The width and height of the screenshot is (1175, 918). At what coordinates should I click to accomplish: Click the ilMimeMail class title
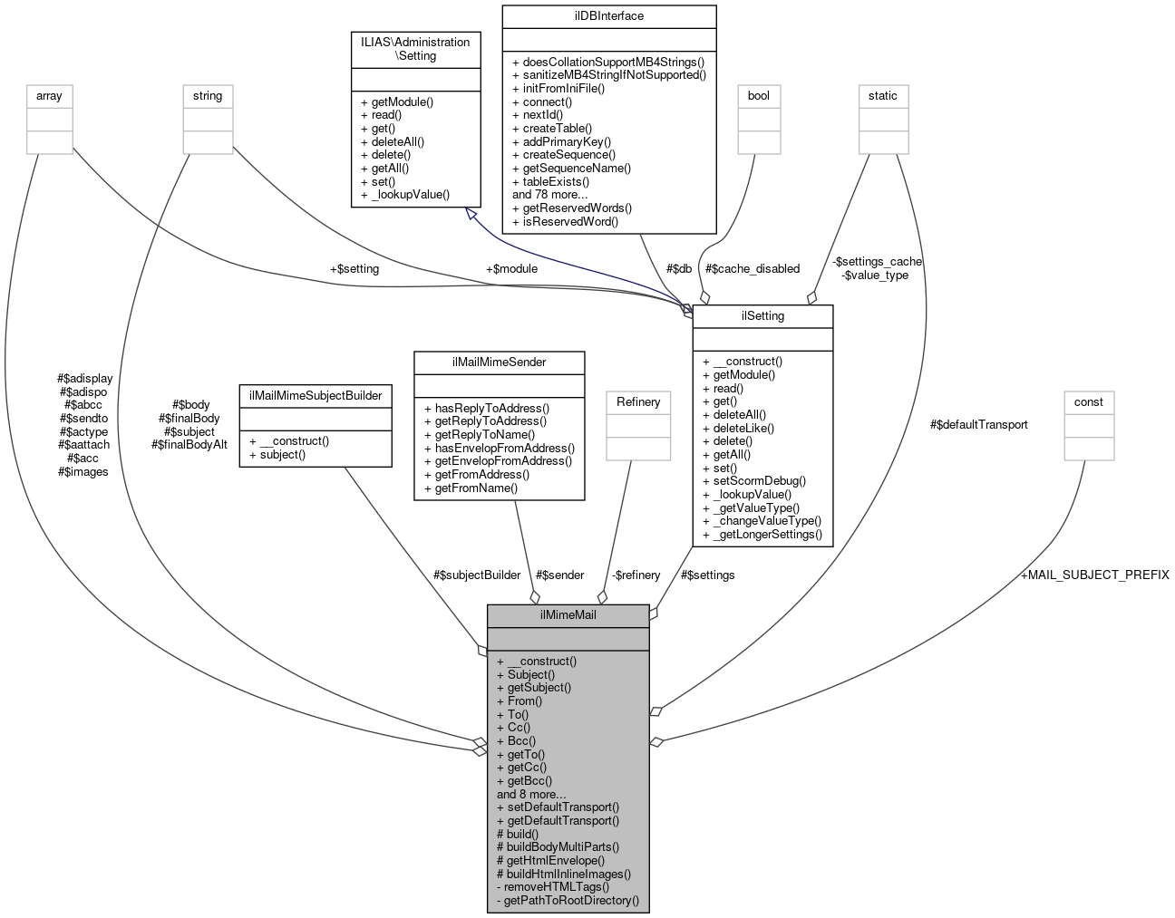pyautogui.click(x=568, y=615)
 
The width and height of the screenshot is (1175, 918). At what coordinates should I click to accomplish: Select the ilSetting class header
pyautogui.click(x=762, y=316)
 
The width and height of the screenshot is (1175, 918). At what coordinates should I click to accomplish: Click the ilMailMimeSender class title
pyautogui.click(x=499, y=362)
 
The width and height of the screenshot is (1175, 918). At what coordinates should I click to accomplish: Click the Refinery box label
pyautogui.click(x=638, y=401)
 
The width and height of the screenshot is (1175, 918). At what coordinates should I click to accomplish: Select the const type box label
pyautogui.click(x=1088, y=401)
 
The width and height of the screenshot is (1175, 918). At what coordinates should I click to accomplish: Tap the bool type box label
pyautogui.click(x=758, y=95)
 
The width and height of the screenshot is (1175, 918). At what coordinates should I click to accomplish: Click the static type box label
pyautogui.click(x=882, y=95)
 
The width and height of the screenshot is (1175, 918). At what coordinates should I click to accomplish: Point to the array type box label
pyautogui.click(x=49, y=95)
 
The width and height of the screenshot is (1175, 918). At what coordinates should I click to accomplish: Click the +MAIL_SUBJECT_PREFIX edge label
pyautogui.click(x=1094, y=575)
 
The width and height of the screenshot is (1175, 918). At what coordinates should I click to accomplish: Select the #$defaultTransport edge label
pyautogui.click(x=978, y=424)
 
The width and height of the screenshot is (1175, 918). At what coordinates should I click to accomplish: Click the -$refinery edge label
pyautogui.click(x=636, y=575)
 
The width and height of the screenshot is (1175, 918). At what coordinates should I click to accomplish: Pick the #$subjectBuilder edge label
pyautogui.click(x=477, y=575)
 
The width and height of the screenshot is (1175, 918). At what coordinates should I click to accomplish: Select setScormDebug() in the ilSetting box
pyautogui.click(x=753, y=481)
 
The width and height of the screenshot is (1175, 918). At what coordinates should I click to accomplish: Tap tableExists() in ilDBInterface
pyautogui.click(x=550, y=181)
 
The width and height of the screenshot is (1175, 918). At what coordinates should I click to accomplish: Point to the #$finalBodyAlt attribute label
pyautogui.click(x=189, y=445)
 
